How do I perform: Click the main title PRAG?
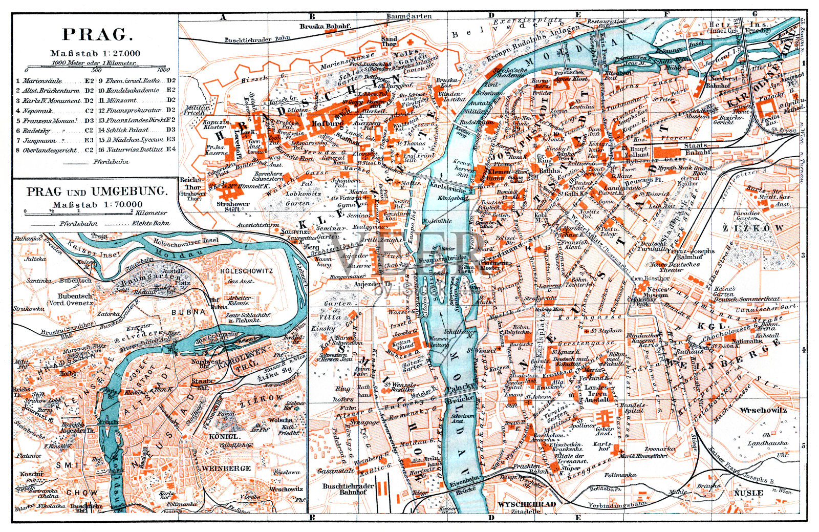(97, 35)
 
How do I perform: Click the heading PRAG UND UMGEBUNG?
(97, 192)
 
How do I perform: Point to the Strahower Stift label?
(233, 206)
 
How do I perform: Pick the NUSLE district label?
(748, 493)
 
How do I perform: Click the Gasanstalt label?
(335, 471)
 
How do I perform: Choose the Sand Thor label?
(389, 41)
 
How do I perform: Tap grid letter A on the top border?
(223, 16)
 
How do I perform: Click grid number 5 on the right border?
(803, 445)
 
